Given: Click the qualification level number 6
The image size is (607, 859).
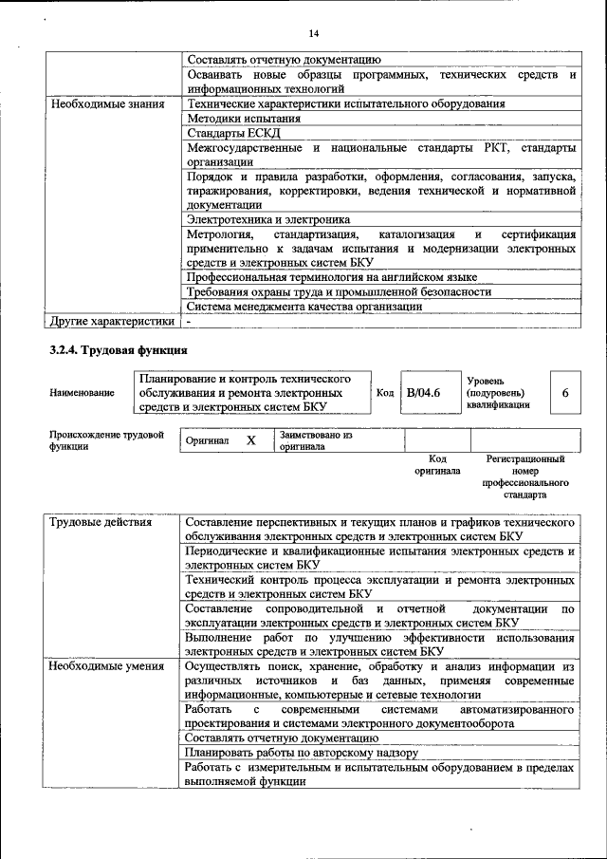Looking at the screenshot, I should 565,393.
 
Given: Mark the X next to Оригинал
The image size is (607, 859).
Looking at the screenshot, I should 250,441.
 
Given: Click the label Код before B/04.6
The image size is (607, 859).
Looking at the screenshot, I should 384,393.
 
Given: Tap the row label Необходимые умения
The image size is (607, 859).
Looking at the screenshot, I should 105,668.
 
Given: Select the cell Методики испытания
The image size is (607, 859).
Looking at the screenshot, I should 244,119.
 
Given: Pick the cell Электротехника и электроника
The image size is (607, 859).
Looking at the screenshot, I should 274,219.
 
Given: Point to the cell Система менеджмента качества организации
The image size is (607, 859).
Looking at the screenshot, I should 304,306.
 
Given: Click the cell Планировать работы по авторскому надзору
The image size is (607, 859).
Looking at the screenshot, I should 302,753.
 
